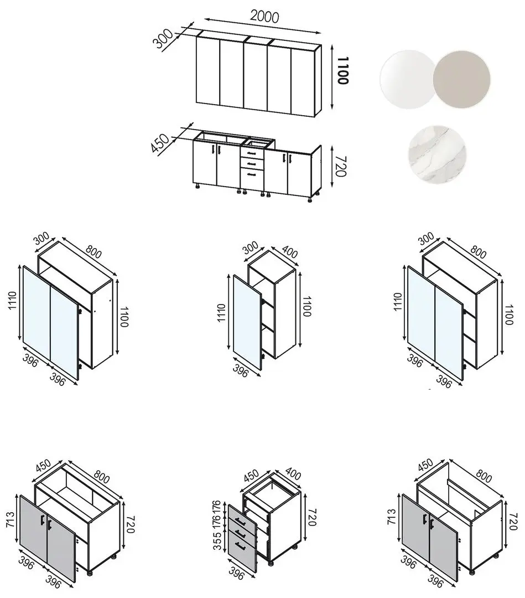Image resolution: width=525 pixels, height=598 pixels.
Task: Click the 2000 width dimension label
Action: pos(264,16)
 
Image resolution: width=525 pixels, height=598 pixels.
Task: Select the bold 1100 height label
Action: pos(343,70)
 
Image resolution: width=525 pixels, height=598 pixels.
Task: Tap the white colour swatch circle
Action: pos(408,79)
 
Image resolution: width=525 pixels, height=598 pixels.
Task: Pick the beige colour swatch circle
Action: pos(462,79)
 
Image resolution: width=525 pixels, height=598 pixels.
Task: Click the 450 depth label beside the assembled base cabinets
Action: pos(160,143)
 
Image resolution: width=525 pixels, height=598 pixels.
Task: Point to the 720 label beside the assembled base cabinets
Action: pos(340,166)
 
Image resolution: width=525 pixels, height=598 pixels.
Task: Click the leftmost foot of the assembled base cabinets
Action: pos(197,187)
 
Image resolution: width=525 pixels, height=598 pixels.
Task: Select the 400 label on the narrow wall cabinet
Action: pos(289,252)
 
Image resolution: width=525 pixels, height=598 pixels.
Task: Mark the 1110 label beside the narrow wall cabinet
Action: pos(221,313)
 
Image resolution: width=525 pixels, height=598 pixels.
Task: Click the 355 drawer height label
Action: pos(217,541)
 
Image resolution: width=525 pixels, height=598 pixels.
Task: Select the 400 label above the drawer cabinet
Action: pos(292,474)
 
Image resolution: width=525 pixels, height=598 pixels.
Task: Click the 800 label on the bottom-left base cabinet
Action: pos(101,476)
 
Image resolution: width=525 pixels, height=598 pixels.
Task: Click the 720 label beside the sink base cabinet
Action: pos(513,522)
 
